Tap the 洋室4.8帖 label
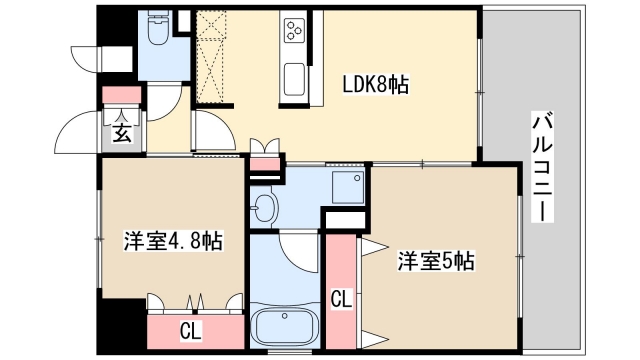click(x=172, y=240)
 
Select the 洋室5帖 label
click(x=436, y=262)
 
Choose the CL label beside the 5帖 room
click(x=341, y=297)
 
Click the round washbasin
click(x=265, y=208)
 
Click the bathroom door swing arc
click(x=297, y=250)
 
